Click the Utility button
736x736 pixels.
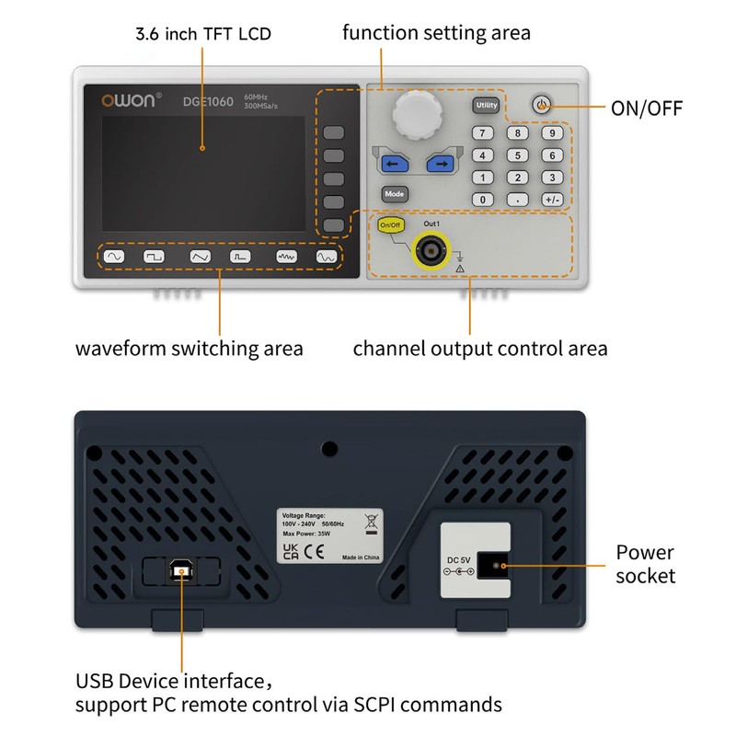coord(486,106)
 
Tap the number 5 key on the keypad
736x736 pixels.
coord(518,155)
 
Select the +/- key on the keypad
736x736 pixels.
coord(551,199)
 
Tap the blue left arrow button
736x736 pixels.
coord(394,165)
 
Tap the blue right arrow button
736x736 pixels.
coord(441,165)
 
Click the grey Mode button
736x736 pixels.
coord(395,194)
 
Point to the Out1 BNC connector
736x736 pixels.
coord(430,248)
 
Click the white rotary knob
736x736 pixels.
coord(418,116)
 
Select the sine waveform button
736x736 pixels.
coord(114,258)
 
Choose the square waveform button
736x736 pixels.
coord(155,258)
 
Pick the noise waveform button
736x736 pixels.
coord(286,258)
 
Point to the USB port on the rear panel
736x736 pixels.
coord(181,572)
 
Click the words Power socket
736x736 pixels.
coord(645,564)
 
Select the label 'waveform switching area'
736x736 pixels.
coord(189,349)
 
